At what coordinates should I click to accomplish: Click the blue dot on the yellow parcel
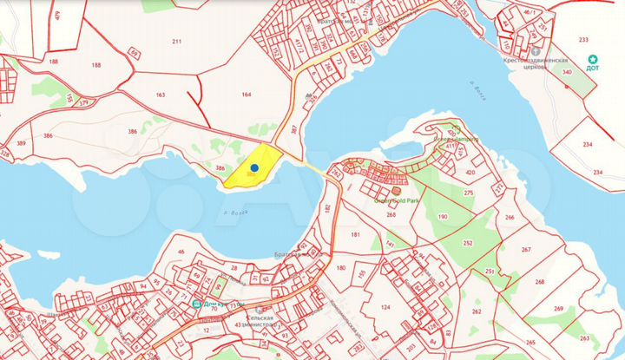coord(254,168)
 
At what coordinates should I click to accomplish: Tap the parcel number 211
coord(177,41)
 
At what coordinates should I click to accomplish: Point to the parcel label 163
coord(160,95)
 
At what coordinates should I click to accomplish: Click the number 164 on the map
coord(247,95)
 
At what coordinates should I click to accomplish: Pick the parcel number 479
coord(57,15)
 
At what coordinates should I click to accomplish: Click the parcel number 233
coord(582,40)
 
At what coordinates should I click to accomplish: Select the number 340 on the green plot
coord(567,73)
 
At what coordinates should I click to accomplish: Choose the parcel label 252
coord(468,244)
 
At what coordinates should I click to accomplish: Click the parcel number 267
coord(526,249)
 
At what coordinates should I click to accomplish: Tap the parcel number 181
coord(355,235)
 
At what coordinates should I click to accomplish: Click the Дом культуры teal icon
coord(197,304)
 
